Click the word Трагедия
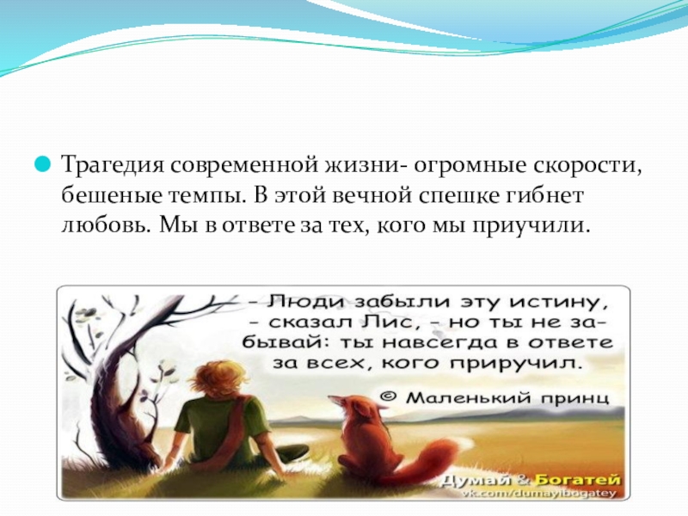110,164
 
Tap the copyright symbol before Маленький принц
387,398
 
